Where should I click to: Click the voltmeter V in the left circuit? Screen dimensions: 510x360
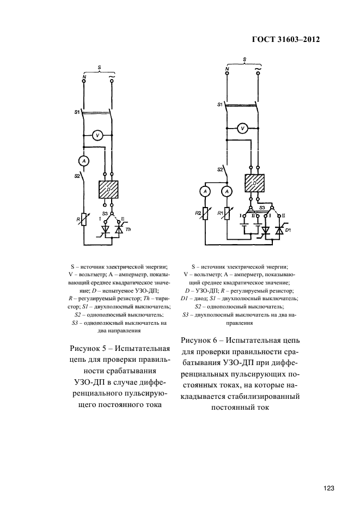coord(97,135)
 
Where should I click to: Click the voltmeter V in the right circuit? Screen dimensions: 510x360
coord(243,128)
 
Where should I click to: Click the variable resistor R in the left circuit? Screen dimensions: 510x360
coord(83,220)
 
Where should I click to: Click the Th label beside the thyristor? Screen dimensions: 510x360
coord(129,230)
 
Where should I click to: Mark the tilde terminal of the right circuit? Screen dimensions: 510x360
coord(257,70)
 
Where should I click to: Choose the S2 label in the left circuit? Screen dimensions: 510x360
coord(77,176)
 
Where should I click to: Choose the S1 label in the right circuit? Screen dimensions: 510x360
coord(219,104)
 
